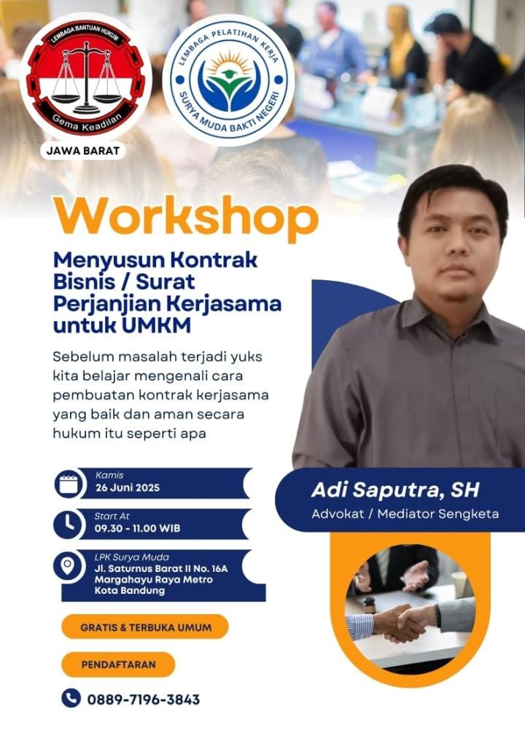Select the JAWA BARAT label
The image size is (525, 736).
pos(83,151)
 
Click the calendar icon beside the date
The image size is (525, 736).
pos(69,484)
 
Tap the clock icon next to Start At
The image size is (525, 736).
pos(69,524)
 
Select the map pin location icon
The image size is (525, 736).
pos(69,565)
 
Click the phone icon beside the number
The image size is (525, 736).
pos(71,698)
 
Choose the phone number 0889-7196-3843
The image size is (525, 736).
pos(144,700)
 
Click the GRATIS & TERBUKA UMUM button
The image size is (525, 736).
pos(145,627)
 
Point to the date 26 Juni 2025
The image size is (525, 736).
pos(127,488)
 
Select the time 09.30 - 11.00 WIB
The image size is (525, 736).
pos(138,528)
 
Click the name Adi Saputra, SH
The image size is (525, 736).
pos(395,490)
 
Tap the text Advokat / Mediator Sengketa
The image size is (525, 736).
pos(405,514)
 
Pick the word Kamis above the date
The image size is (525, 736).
pos(109,475)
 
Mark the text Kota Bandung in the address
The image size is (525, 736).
pos(130,591)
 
